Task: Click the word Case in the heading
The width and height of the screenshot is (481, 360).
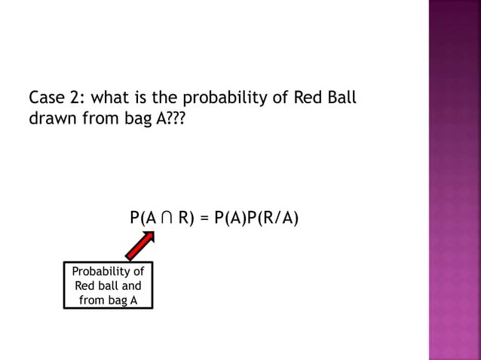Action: pos(45,99)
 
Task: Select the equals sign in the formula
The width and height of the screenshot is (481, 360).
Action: pos(204,219)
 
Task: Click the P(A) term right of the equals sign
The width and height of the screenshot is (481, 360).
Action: pos(231,219)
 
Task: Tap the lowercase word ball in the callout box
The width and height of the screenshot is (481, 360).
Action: pos(107,286)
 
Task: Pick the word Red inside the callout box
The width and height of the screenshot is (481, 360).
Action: pos(84,286)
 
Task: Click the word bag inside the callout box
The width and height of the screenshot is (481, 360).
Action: pos(118,301)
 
